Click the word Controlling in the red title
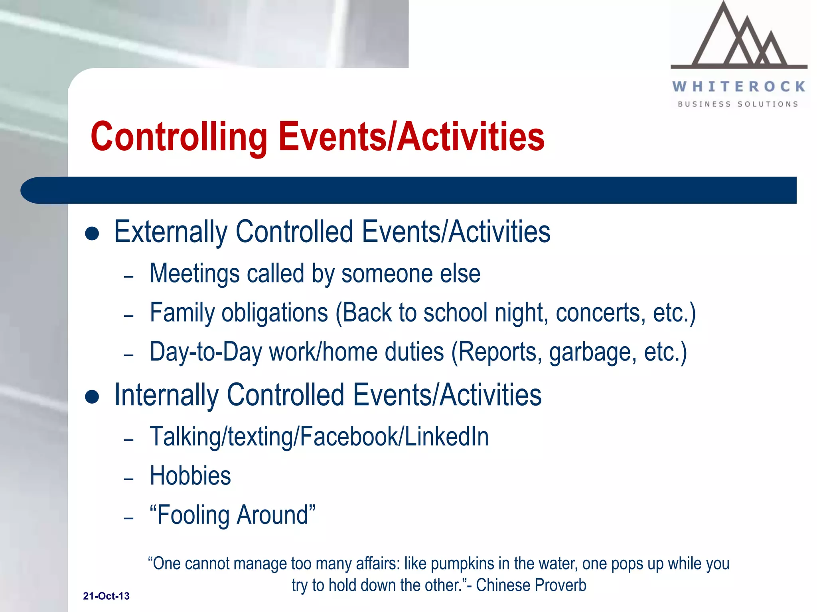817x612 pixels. click(x=179, y=137)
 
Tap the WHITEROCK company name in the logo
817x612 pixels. click(x=739, y=86)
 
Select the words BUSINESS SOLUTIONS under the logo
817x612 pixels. click(x=738, y=104)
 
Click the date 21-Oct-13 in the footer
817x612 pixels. click(x=106, y=596)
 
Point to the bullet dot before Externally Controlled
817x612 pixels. click(x=92, y=234)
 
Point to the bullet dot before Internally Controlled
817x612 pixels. click(x=92, y=397)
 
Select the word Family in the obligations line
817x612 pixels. click(x=182, y=313)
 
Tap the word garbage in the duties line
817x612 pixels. click(x=593, y=353)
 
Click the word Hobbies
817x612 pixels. click(x=190, y=476)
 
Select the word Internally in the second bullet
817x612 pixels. click(x=166, y=395)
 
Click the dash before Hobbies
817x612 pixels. click(x=128, y=479)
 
